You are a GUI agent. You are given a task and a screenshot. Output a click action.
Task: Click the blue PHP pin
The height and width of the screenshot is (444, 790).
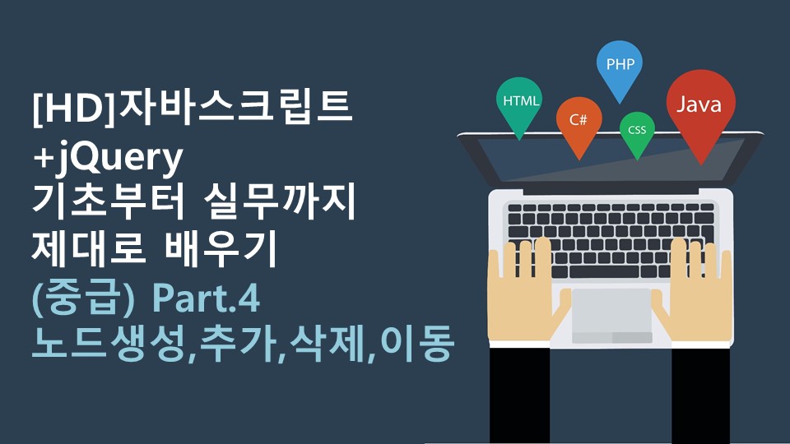[x=619, y=68]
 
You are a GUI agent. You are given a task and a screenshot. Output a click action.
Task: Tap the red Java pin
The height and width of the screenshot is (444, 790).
[x=700, y=109]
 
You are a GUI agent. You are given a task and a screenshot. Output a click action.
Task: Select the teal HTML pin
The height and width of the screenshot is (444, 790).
[x=519, y=104]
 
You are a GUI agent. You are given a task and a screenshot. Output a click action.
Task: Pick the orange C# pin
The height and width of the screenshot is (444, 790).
[x=579, y=123]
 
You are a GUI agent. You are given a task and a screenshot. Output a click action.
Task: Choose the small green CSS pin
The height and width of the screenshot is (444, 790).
[x=637, y=132]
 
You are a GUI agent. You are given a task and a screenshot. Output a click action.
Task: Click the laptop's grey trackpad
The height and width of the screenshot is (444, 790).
[x=611, y=316]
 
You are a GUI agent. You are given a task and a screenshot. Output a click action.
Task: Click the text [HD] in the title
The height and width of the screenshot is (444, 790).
[x=75, y=108]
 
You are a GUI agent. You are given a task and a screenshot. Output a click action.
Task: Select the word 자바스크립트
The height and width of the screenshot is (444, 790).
[x=235, y=107]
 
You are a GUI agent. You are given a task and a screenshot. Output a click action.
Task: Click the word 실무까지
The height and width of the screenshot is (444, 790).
[x=280, y=202]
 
